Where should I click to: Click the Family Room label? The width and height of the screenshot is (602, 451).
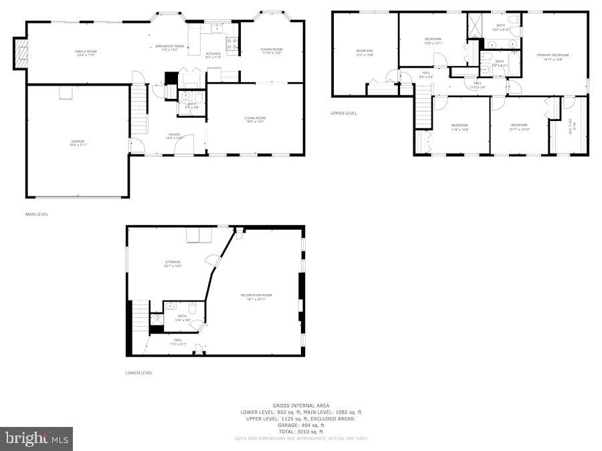point(85,53)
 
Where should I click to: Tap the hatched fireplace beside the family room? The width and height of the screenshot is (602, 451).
point(21,53)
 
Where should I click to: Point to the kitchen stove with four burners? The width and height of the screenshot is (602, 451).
point(233,44)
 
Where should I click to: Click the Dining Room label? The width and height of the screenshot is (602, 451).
point(272,51)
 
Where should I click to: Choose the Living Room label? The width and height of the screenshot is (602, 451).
point(255,120)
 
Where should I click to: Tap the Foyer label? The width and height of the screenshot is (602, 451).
point(174,136)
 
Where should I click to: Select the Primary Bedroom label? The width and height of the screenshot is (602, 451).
point(553,56)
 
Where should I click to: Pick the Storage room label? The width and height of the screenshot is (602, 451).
point(173,263)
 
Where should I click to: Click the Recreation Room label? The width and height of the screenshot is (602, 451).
point(257,297)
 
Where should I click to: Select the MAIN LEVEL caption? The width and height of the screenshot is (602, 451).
point(37,214)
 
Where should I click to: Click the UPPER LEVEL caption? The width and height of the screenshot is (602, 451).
point(344,114)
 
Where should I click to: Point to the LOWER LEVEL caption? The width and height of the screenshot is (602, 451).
point(139,373)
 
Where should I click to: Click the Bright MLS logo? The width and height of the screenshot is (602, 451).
point(37,439)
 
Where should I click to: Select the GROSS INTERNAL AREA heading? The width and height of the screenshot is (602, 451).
point(300,406)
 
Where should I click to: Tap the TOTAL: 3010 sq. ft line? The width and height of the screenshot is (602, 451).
point(300,432)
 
